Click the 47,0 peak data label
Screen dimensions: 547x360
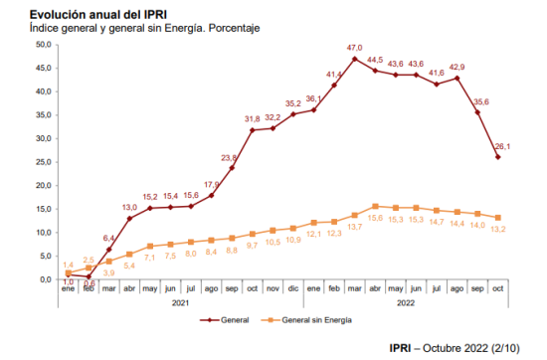(x=354, y=48)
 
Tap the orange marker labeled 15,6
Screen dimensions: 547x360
(x=375, y=207)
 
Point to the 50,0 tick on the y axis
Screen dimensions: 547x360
(x=44, y=45)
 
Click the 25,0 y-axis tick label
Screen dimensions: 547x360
(x=44, y=162)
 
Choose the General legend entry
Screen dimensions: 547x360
(x=224, y=320)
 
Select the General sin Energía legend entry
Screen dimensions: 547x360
(x=306, y=320)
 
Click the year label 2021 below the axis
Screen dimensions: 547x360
(x=180, y=302)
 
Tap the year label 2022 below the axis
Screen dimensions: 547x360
(x=406, y=302)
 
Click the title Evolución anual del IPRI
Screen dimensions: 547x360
(x=98, y=15)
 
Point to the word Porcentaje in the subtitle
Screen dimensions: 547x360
(x=234, y=28)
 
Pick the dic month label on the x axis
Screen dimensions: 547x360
(x=293, y=288)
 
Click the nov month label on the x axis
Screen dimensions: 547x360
(x=273, y=288)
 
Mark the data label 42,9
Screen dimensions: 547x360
(x=457, y=67)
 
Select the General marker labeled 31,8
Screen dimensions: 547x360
(x=253, y=130)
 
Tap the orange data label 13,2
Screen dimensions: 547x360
(x=498, y=229)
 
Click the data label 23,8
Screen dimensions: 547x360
(x=229, y=158)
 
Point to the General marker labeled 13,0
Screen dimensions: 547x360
(x=129, y=219)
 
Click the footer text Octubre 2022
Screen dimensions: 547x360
(x=456, y=348)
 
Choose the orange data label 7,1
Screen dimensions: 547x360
(x=149, y=258)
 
